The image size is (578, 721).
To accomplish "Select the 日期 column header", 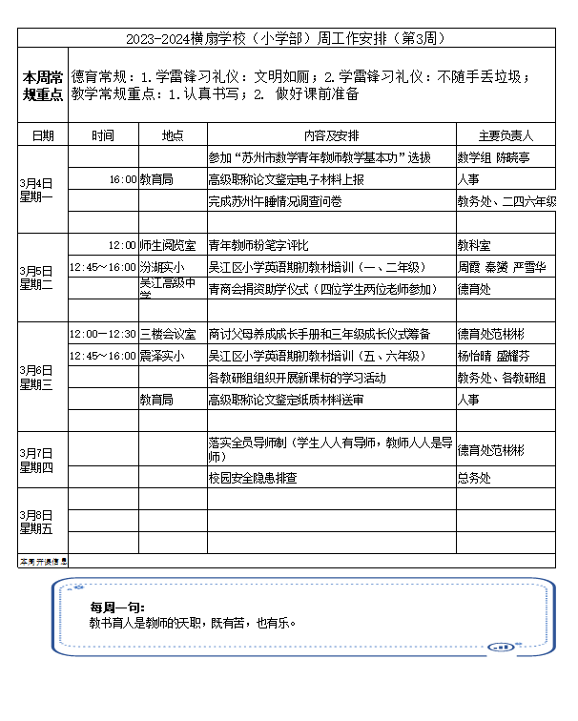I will pyautogui.click(x=43, y=135).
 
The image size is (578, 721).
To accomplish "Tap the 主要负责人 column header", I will pyautogui.click(x=506, y=135).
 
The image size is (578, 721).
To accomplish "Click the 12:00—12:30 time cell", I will pyautogui.click(x=103, y=334).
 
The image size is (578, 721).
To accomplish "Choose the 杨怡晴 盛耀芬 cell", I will pyautogui.click(x=493, y=356).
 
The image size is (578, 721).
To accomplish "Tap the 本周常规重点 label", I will pyautogui.click(x=43, y=85).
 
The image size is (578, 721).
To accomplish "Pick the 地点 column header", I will pyautogui.click(x=173, y=135).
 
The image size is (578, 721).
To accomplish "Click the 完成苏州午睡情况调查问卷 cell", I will pyautogui.click(x=275, y=201).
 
